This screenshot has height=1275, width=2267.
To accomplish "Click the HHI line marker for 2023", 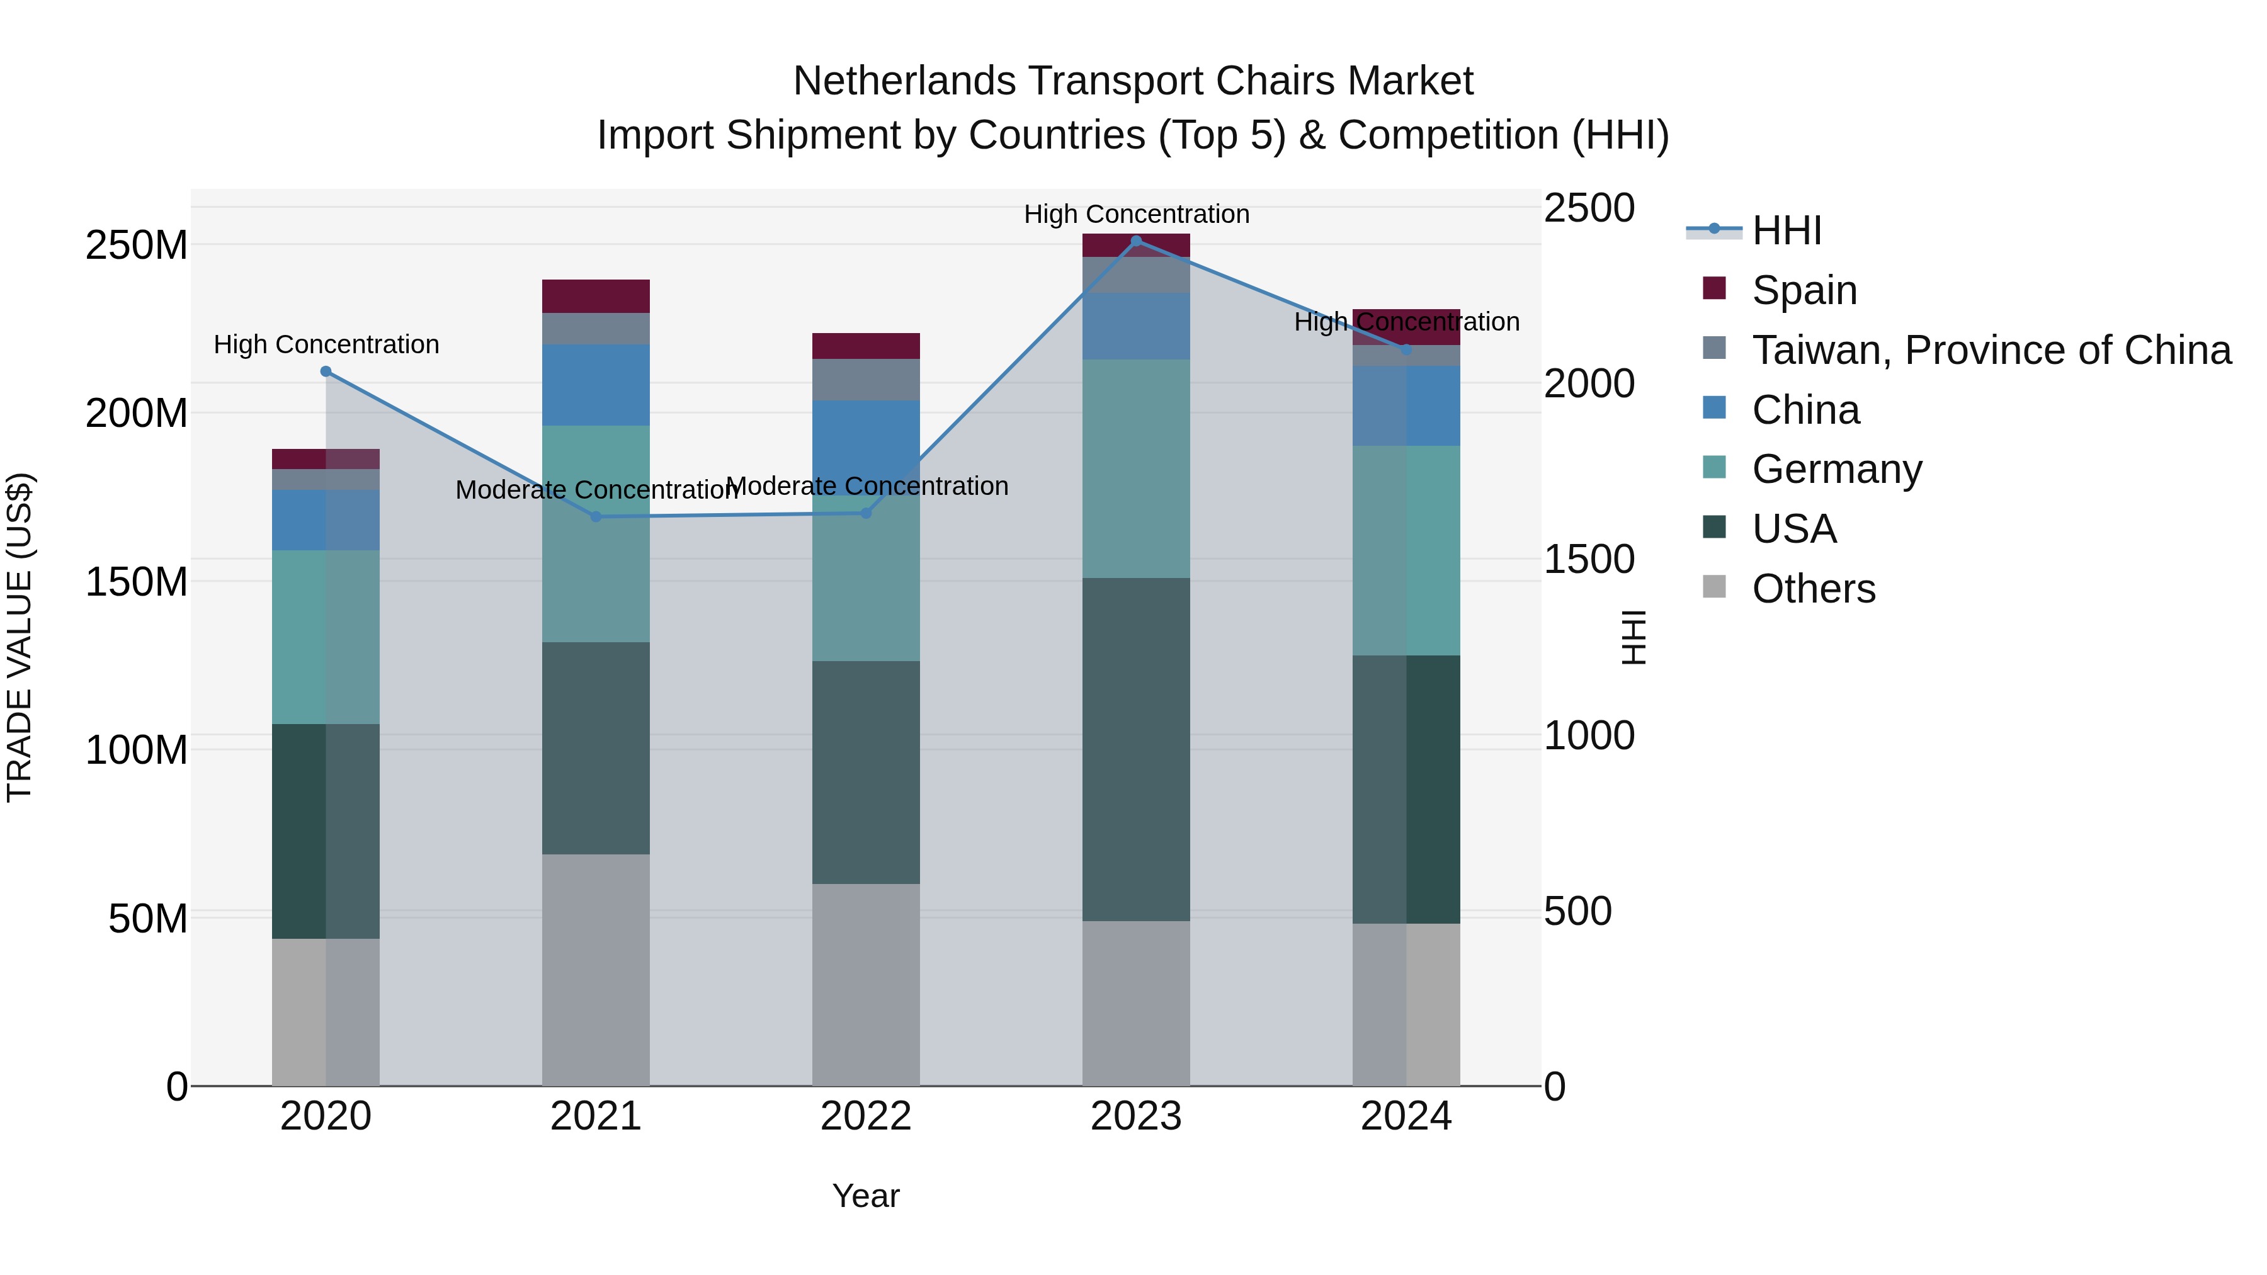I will pyautogui.click(x=1135, y=241).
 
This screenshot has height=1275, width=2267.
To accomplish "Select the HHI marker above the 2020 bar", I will pyautogui.click(x=326, y=371).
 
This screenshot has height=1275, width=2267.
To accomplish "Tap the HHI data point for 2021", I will pyautogui.click(x=596, y=516).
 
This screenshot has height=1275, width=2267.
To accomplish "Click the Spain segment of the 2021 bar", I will pyautogui.click(x=596, y=296).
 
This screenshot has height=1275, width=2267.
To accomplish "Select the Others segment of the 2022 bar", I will pyautogui.click(x=865, y=983).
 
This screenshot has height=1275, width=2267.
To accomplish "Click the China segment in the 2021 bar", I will pyautogui.click(x=596, y=385).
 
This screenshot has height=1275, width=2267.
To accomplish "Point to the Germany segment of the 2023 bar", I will pyautogui.click(x=1135, y=468).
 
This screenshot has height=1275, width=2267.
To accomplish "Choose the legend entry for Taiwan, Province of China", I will pyautogui.click(x=1991, y=349).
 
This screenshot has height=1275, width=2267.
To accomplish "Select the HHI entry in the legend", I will pyautogui.click(x=1786, y=230).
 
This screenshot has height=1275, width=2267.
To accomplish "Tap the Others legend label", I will pyautogui.click(x=1813, y=589).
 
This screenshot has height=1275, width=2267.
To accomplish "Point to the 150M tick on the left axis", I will pyautogui.click(x=137, y=582).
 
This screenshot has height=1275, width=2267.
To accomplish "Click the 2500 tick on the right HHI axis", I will pyautogui.click(x=1589, y=208).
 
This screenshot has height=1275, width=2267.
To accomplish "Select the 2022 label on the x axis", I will pyautogui.click(x=865, y=1116).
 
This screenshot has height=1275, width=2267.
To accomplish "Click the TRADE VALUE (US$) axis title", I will pyautogui.click(x=20, y=637).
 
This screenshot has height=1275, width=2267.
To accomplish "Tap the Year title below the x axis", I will pyautogui.click(x=865, y=1196).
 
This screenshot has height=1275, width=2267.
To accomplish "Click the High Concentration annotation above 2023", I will pyautogui.click(x=1135, y=214).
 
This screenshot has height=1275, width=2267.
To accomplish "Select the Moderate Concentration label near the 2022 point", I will pyautogui.click(x=867, y=485).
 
